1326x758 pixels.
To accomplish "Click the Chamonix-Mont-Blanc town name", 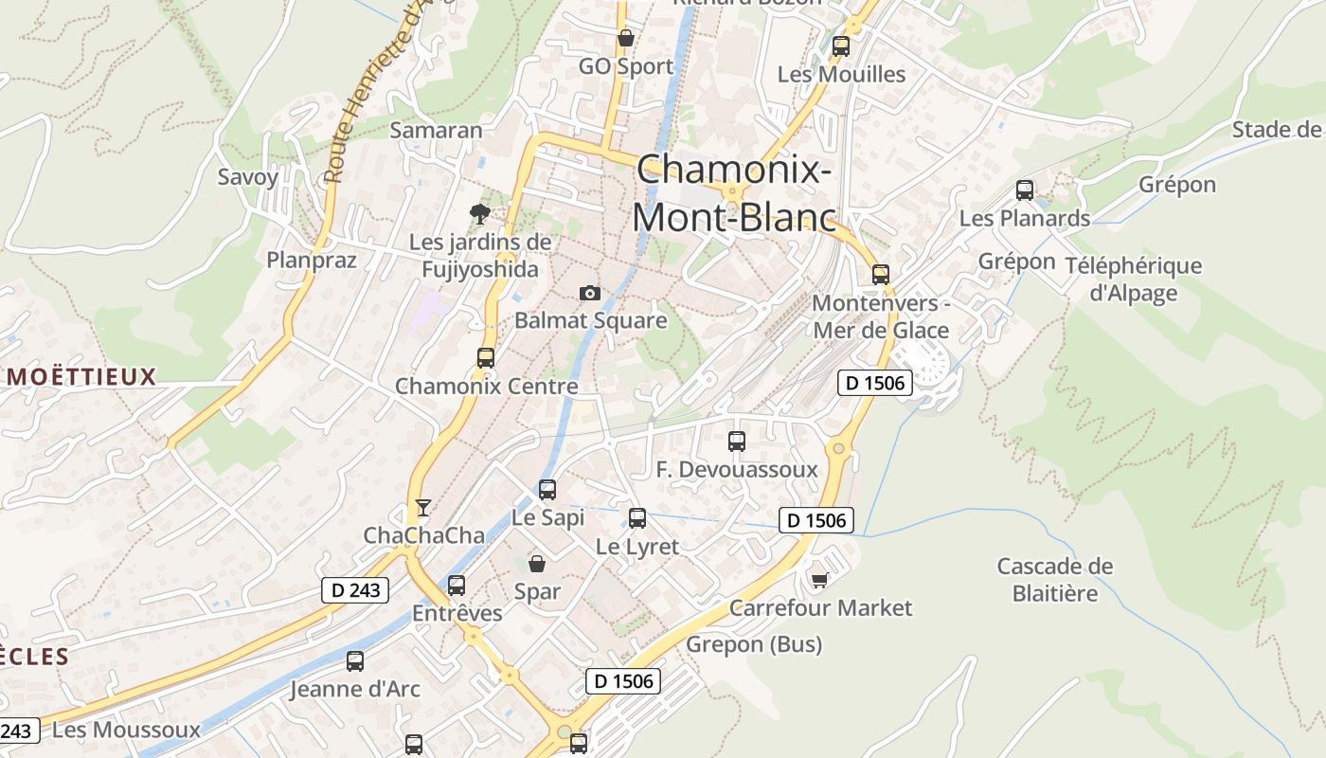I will pyautogui.click(x=734, y=193).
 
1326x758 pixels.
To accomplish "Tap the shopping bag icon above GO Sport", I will pyautogui.click(x=625, y=39).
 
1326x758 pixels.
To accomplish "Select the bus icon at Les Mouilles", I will pyautogui.click(x=840, y=45).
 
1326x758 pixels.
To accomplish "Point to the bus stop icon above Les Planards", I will pyautogui.click(x=1024, y=190).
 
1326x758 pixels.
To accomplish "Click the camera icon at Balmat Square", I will pyautogui.click(x=589, y=294).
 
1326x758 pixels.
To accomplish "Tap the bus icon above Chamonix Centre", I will pyautogui.click(x=486, y=358).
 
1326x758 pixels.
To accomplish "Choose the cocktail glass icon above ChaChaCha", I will pyautogui.click(x=422, y=508).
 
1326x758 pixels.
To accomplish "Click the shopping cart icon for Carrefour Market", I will pyautogui.click(x=819, y=580).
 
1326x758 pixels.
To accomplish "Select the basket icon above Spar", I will pyautogui.click(x=537, y=564).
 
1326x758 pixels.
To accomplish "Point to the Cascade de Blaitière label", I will pyautogui.click(x=1054, y=580).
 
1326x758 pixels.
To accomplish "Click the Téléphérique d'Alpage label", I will pyautogui.click(x=1133, y=280).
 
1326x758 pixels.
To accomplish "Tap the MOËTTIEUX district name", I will pyautogui.click(x=81, y=377).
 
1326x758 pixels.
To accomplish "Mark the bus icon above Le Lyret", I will pyautogui.click(x=637, y=518).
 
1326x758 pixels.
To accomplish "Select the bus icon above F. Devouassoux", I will pyautogui.click(x=736, y=442).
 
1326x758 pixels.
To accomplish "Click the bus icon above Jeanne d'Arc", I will pyautogui.click(x=355, y=661).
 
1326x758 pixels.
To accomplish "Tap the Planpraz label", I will pyautogui.click(x=312, y=260).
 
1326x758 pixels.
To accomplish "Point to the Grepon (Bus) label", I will pyautogui.click(x=754, y=645).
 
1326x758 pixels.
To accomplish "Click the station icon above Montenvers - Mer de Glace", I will pyautogui.click(x=881, y=275).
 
